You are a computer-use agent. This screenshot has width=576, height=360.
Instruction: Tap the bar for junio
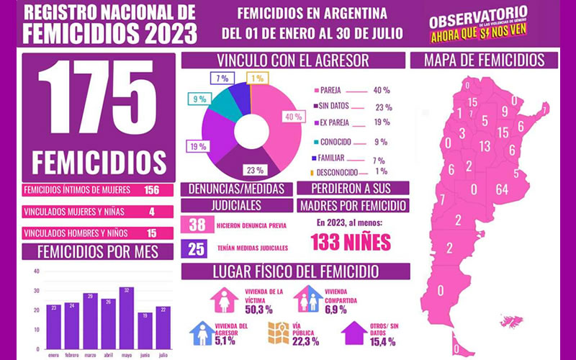(x=145, y=332)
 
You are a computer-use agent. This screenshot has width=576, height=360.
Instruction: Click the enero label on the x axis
(x=52, y=354)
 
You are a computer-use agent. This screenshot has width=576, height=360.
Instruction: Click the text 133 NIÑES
(x=351, y=243)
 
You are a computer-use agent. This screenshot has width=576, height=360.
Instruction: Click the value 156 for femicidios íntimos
(x=151, y=190)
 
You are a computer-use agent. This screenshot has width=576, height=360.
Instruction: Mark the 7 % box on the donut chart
(x=220, y=77)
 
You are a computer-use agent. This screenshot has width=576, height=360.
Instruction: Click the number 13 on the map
(x=485, y=147)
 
